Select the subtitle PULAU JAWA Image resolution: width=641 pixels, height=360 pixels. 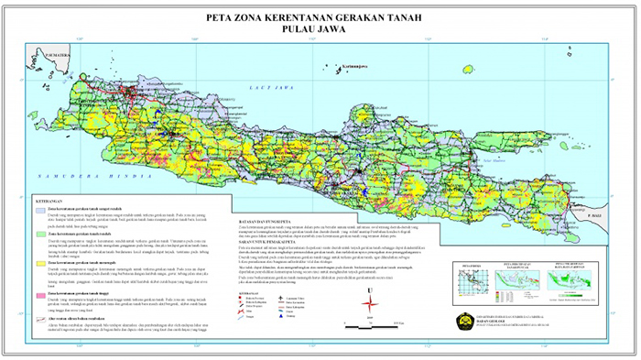(320, 28)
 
